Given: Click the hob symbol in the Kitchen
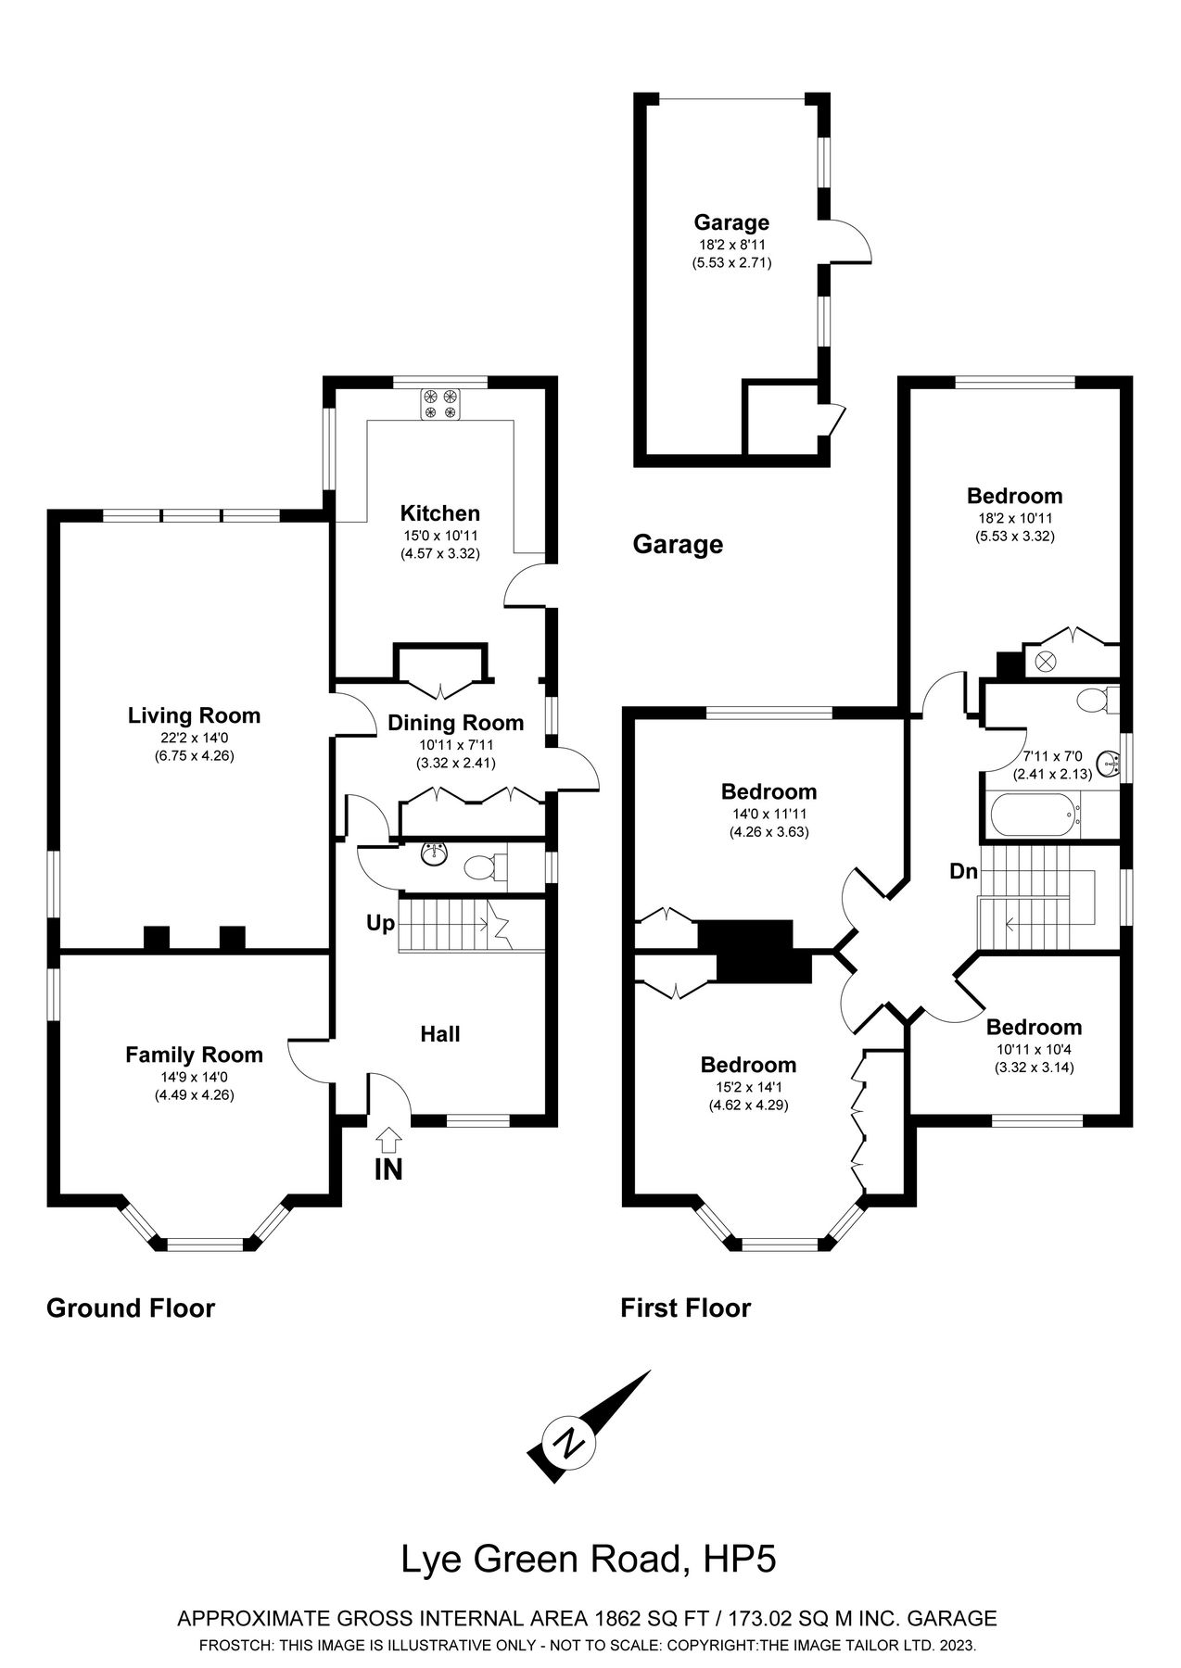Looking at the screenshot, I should [x=440, y=404].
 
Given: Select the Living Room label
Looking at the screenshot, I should [x=194, y=715].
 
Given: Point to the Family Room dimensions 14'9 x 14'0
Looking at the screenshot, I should [x=194, y=1077].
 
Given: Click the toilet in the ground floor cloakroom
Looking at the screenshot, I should [x=481, y=868].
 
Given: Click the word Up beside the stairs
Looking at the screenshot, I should [x=380, y=923].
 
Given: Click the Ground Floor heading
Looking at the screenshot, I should [x=131, y=1308].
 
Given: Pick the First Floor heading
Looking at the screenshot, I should [x=685, y=1308].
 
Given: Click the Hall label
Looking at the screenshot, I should [x=439, y=1034].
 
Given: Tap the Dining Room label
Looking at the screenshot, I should [x=455, y=723].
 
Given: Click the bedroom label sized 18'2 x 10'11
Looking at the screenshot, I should [x=1014, y=496].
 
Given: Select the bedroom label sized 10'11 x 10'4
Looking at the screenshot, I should [x=1034, y=1027].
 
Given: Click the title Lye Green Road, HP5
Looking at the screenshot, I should [x=588, y=1560].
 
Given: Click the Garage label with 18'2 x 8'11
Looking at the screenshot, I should [x=731, y=222].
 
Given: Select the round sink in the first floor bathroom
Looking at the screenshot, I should [x=1109, y=764].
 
